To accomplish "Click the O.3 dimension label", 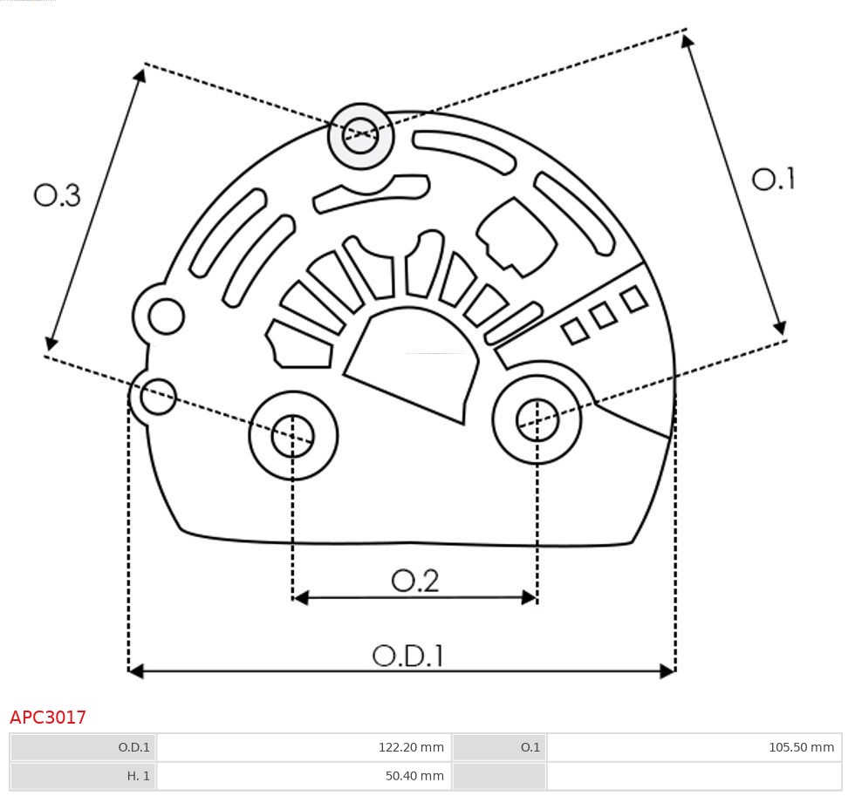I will click(58, 195).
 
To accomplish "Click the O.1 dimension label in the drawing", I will click(773, 180).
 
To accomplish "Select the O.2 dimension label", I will click(414, 581).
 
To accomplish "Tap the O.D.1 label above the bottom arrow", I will click(407, 656).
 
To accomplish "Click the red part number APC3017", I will click(48, 718).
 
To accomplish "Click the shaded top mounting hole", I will click(360, 136).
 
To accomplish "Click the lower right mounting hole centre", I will click(537, 421).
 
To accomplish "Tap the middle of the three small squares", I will click(603, 316).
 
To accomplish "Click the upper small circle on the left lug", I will click(166, 316).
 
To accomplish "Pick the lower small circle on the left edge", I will click(158, 397).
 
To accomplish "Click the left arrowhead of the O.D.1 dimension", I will click(135, 670).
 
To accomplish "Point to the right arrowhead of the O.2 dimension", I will click(530, 597).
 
